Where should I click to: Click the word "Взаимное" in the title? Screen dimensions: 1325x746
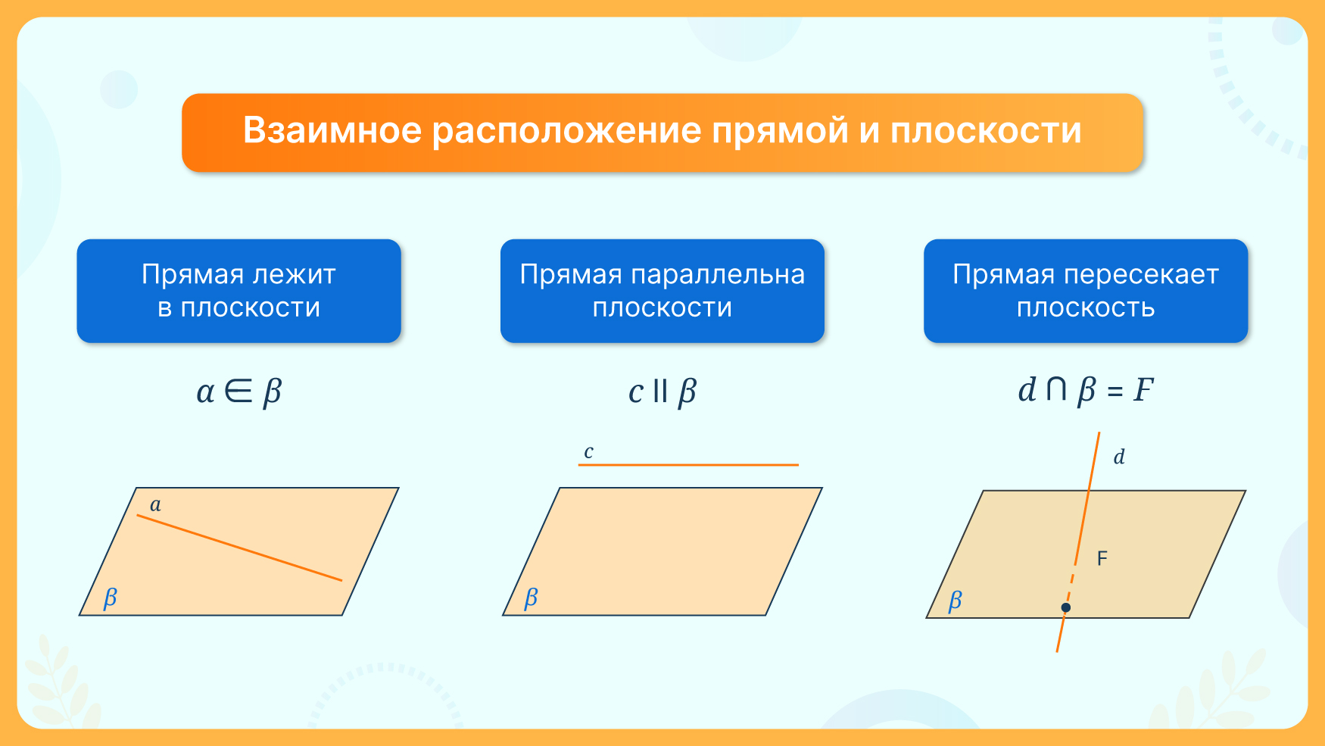(x=332, y=130)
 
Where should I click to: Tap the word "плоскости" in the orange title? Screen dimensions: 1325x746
(x=986, y=132)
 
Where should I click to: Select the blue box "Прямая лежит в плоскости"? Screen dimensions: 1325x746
(x=238, y=291)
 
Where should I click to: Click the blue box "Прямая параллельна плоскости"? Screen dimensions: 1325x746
(x=662, y=291)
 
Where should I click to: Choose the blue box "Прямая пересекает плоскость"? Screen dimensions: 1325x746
(x=1086, y=291)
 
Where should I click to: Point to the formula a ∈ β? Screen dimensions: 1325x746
(x=238, y=392)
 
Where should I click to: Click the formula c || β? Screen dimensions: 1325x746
(x=662, y=392)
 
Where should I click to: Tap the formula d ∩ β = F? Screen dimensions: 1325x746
(x=1086, y=390)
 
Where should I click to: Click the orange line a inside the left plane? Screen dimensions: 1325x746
(x=239, y=548)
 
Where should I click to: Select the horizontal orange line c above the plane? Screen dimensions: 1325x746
(x=688, y=464)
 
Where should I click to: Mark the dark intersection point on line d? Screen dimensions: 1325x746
(x=1066, y=607)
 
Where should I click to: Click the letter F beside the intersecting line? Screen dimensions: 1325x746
(x=1102, y=559)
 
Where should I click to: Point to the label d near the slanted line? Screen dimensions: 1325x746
(x=1119, y=457)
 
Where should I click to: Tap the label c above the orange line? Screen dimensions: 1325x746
(x=588, y=452)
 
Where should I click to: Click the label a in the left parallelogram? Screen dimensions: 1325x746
(x=155, y=505)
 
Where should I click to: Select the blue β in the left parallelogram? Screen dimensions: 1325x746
(x=111, y=598)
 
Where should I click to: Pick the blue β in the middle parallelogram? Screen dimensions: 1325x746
(x=532, y=598)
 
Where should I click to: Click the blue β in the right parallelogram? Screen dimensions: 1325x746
(x=956, y=601)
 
